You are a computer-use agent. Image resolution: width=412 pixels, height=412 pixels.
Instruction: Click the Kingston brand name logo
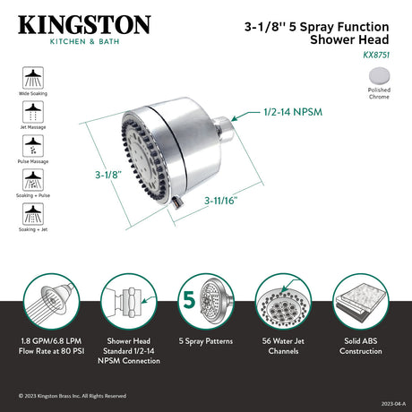pos(80,23)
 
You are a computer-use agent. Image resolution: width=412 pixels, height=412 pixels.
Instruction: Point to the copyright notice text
pos(73,395)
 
